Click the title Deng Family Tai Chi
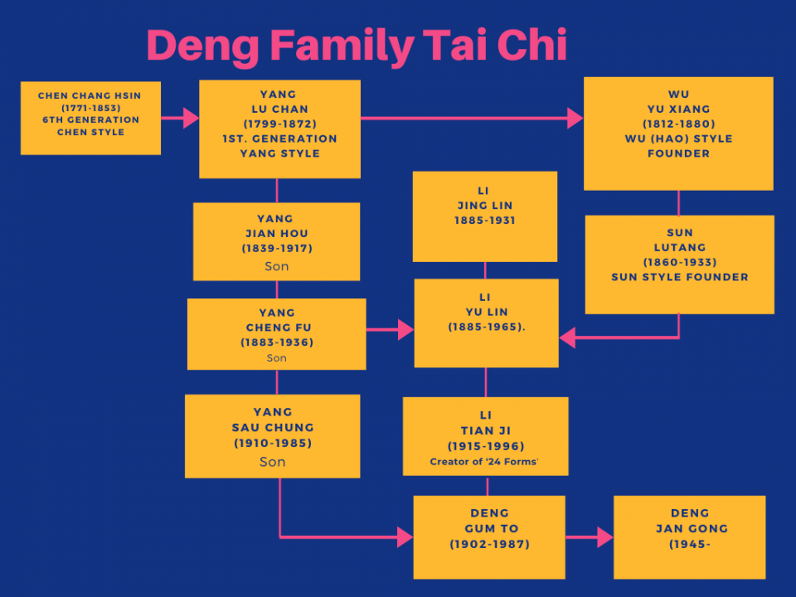[357, 46]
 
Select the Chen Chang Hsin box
[90, 118]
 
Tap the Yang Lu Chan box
[279, 129]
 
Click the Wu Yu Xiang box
[678, 133]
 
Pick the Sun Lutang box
[679, 264]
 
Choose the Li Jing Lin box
[484, 216]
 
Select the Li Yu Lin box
[486, 323]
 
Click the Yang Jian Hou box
[276, 241]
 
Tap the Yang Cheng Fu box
[276, 333]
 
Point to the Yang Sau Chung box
[272, 435]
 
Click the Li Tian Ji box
[485, 436]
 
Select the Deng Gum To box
[489, 536]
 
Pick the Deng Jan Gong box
[689, 536]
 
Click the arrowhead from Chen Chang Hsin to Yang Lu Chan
[191, 119]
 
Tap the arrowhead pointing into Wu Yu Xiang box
[575, 119]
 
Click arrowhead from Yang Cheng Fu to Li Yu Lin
[405, 330]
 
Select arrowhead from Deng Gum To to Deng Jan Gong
[604, 537]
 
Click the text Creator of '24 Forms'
[484, 462]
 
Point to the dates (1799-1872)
[279, 124]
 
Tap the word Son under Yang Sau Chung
[272, 462]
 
